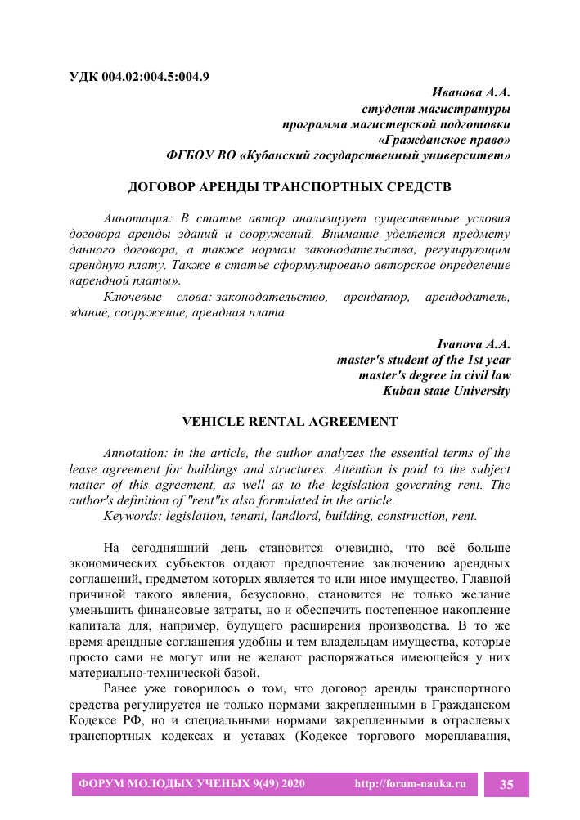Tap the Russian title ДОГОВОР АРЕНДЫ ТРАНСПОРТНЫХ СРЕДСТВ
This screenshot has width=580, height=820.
tap(290, 187)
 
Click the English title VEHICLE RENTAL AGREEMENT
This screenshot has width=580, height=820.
tap(290, 422)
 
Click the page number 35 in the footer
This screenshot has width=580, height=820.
tap(506, 785)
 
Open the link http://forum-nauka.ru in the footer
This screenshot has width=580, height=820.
tap(410, 785)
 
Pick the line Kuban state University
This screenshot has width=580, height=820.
tap(447, 391)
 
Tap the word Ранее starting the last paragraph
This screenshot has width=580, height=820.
tap(122, 689)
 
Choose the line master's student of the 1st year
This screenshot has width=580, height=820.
tap(424, 360)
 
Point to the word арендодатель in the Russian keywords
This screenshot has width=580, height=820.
tap(468, 297)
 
